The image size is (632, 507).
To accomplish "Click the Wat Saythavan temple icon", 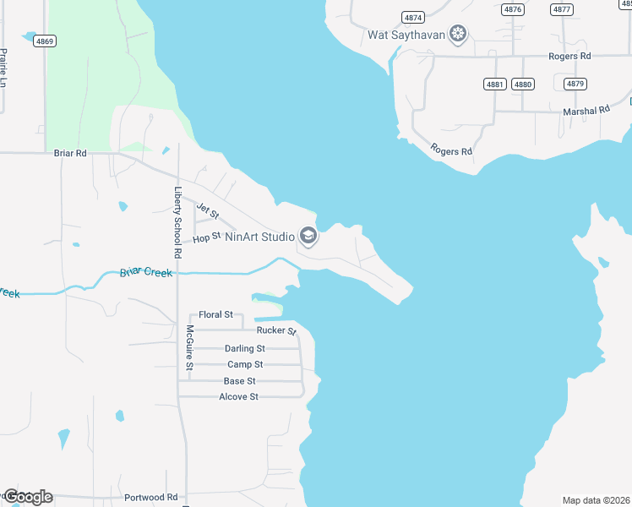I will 458,35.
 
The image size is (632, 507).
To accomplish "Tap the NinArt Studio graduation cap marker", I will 308,237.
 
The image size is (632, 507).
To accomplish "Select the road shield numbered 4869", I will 46,41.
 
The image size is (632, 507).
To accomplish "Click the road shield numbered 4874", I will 413,17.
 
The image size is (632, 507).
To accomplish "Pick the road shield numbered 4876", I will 512,9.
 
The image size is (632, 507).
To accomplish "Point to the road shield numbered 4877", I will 561,9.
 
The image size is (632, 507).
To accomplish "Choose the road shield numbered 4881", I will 496,84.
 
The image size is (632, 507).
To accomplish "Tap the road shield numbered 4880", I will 523,84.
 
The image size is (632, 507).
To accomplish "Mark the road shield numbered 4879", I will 575,84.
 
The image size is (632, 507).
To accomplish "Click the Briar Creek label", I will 146,272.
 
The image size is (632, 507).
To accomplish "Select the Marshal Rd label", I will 586,111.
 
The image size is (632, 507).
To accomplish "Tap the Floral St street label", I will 215,314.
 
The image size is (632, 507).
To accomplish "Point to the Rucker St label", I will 276,330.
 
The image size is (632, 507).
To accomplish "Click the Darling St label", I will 245,348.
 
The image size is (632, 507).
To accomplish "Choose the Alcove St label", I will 238,396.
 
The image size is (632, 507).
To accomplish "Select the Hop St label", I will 206,239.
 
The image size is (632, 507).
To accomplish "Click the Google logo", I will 28,497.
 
